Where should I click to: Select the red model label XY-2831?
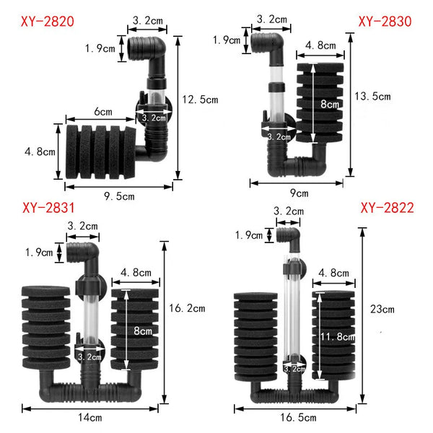coord(48,209)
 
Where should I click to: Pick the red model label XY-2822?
coord(387,209)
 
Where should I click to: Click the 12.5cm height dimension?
coord(199,100)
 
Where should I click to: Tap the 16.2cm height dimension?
coord(188,308)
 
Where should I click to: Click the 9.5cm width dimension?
coord(117,196)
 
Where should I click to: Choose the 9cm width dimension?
coord(299,193)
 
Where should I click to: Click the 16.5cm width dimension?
coord(297,417)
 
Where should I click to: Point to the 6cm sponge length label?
coord(102,112)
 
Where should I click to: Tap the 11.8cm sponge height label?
coord(336,336)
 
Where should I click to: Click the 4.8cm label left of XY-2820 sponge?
coord(34,152)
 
